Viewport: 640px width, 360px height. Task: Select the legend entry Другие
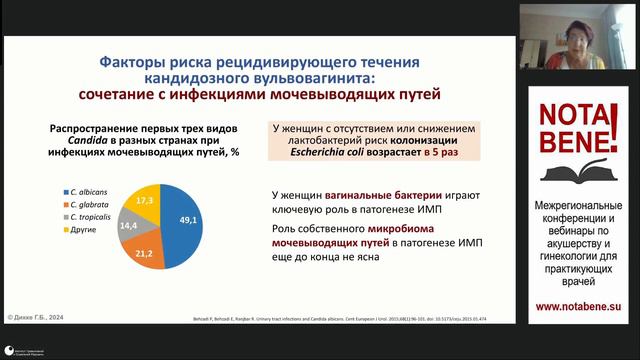tap(79, 230)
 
